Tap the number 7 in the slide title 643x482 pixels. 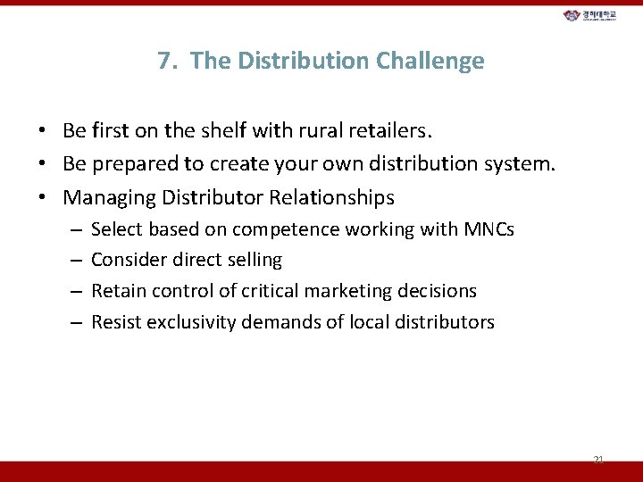[164, 61]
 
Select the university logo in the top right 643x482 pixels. [589, 15]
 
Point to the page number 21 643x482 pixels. [598, 459]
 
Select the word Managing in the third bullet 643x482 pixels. [104, 196]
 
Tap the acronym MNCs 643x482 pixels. [489, 229]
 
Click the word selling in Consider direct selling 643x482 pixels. [254, 260]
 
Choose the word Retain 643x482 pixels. [115, 290]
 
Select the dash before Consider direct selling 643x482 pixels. [76, 260]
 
